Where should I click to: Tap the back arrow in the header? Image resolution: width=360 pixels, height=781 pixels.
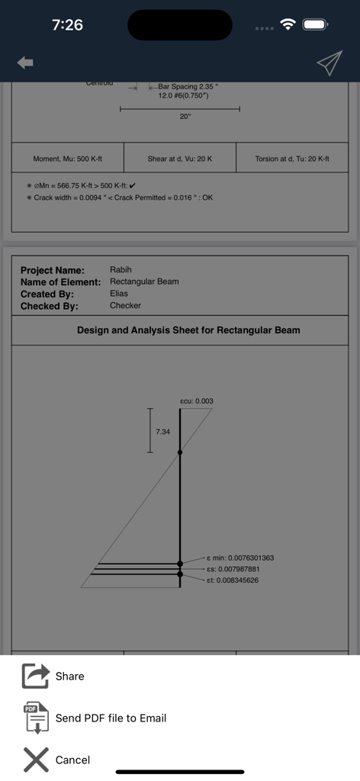pos(25,63)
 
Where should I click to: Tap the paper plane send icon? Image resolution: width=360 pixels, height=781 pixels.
pos(329,64)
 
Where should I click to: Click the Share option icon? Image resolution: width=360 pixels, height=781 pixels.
pos(35,676)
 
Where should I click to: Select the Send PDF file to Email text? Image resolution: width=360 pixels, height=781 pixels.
pos(111,718)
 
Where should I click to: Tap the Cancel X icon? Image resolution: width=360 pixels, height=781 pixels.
pos(35,760)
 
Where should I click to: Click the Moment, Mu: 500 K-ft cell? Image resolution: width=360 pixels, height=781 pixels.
pos(67,159)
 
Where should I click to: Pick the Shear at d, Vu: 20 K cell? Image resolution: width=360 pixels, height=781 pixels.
pos(180,159)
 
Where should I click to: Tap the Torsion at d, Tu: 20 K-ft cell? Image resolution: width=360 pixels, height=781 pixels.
pos(292,159)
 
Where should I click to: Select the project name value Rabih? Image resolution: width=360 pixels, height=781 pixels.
pos(121,270)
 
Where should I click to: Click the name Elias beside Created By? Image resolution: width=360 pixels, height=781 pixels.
pos(119,294)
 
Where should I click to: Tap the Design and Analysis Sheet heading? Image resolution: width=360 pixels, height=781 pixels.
pos(188,330)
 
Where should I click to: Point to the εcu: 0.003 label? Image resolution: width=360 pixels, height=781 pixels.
pos(197,400)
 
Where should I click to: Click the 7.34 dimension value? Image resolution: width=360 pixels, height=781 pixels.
pos(162,432)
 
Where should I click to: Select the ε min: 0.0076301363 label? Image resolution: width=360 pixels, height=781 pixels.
pos(240,558)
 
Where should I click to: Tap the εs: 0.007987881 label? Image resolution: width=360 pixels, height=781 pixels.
pos(233,569)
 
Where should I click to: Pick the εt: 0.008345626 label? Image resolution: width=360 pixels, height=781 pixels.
pos(233,580)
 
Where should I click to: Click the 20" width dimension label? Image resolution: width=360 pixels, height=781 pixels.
pos(185,117)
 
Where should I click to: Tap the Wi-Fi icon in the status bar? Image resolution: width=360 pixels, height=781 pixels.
pos(288,24)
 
